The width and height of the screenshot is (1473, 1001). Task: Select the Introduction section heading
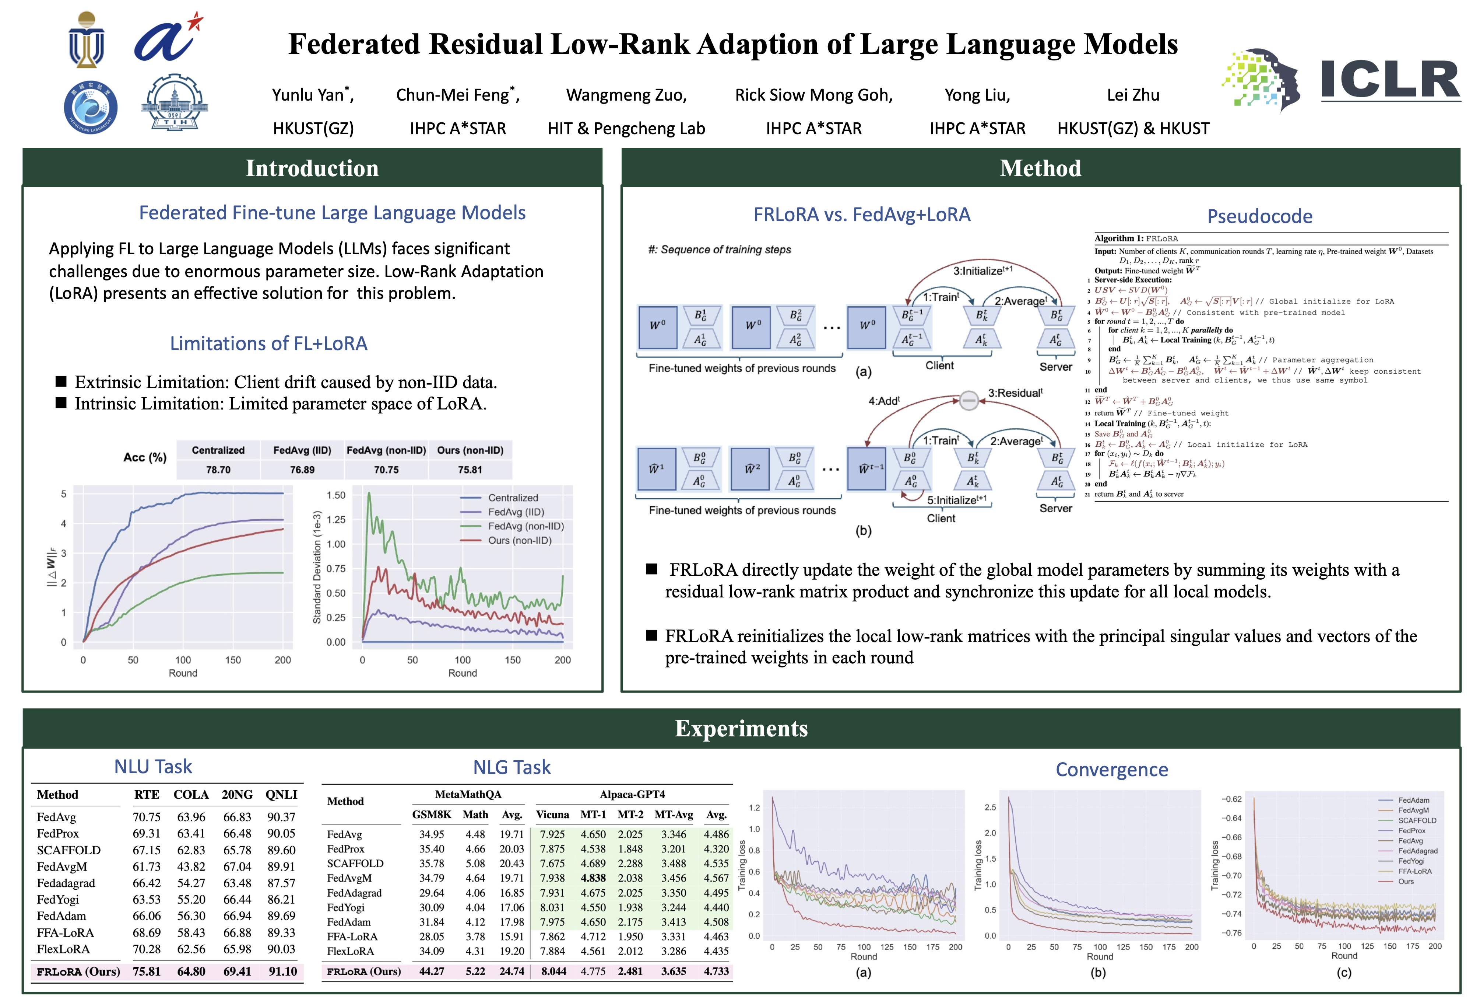tap(312, 168)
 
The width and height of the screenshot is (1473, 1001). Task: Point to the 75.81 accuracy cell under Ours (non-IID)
tap(470, 470)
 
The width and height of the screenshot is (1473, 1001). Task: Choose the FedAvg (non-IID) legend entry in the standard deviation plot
tap(525, 526)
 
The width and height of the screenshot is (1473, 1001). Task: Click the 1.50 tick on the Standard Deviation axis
tap(336, 495)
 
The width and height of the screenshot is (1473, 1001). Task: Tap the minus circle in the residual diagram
tap(968, 400)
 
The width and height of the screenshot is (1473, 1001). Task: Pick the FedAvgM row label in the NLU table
tap(62, 866)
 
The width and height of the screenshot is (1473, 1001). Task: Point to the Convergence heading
tap(1111, 770)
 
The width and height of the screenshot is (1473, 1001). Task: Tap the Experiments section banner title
tap(741, 728)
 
